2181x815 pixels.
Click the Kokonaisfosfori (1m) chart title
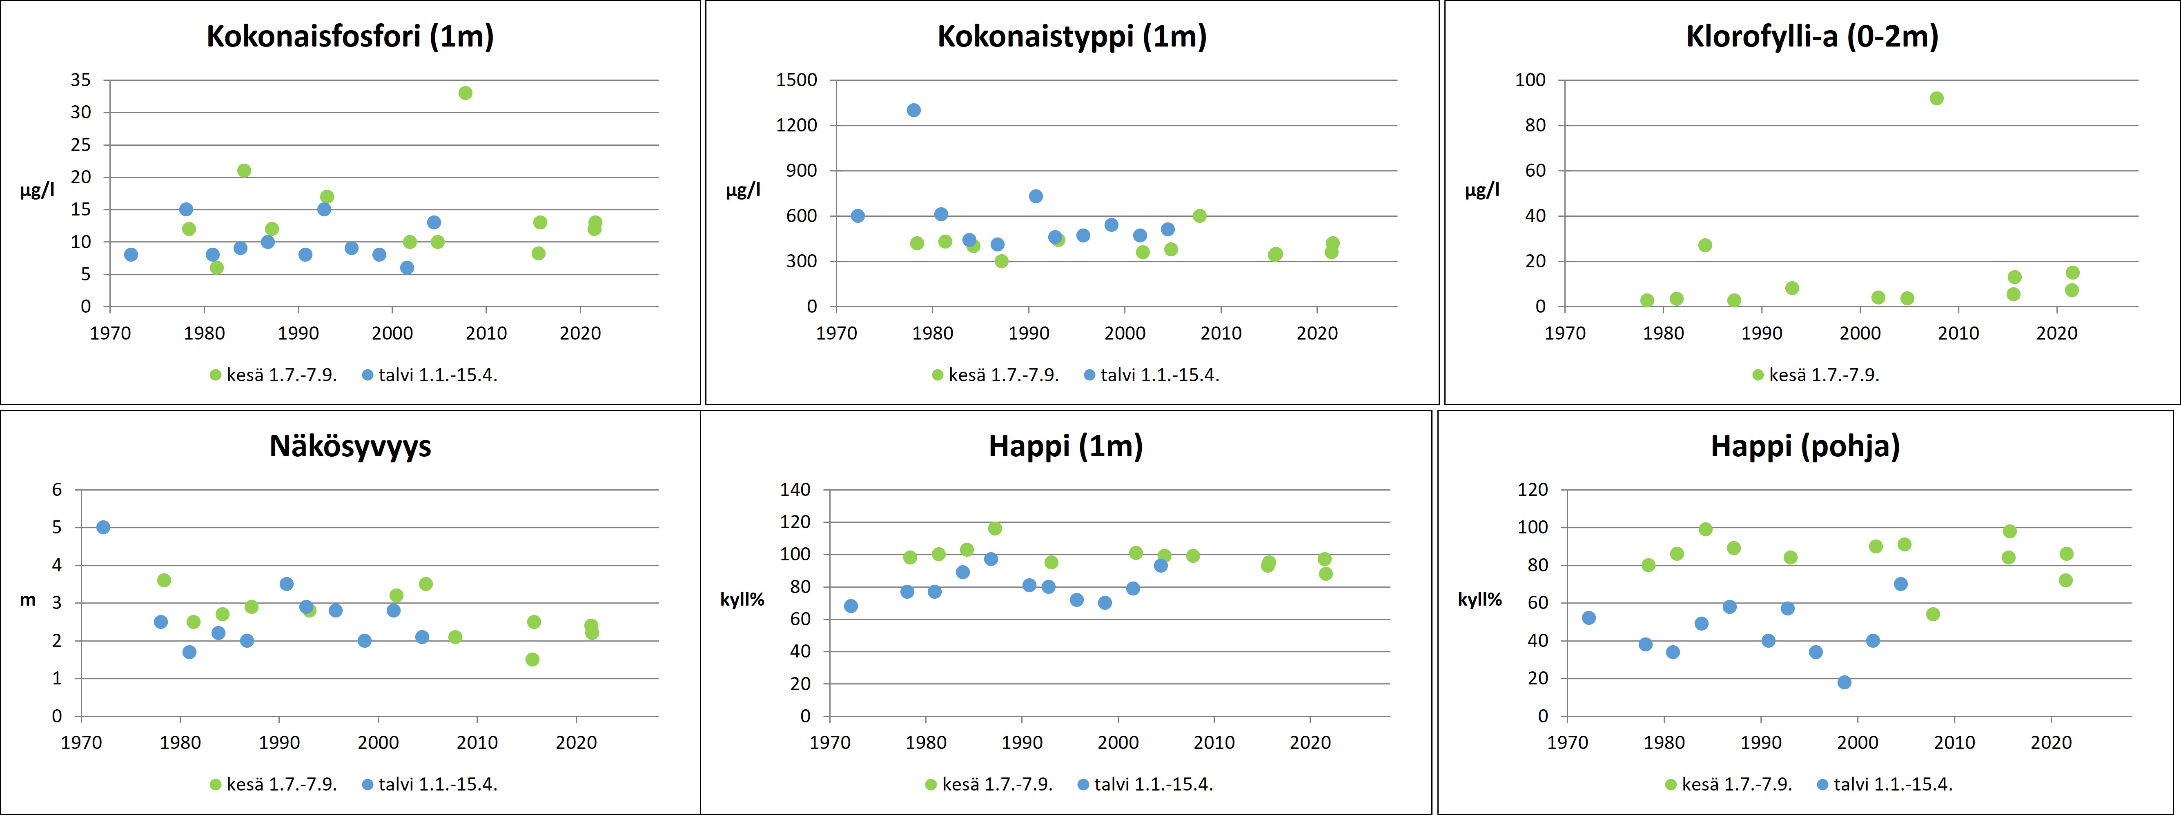click(x=350, y=36)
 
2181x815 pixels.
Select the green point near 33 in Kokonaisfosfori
click(x=465, y=93)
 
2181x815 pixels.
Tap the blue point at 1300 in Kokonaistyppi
click(x=913, y=110)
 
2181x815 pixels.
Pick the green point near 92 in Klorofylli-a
click(x=1936, y=98)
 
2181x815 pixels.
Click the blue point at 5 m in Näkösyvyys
click(x=103, y=527)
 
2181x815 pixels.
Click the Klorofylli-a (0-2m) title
click(x=1812, y=36)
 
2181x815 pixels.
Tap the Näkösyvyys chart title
click(x=350, y=446)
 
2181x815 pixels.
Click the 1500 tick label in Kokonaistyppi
click(x=797, y=80)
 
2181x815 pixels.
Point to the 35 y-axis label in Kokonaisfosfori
click(x=80, y=80)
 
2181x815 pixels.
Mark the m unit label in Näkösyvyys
click(x=28, y=600)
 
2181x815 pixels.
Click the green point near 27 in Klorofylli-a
click(x=1705, y=245)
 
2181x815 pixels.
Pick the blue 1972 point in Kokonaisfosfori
click(x=130, y=255)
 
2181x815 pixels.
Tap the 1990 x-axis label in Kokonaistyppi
click(x=1029, y=333)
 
